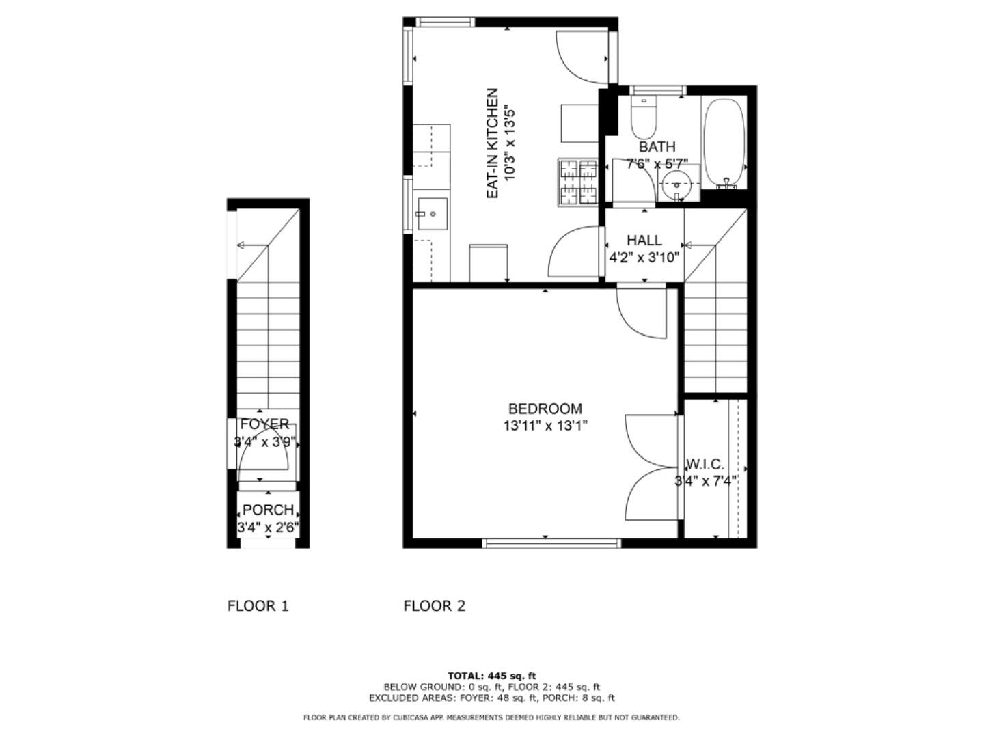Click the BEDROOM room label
(x=545, y=409)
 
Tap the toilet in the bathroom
(x=644, y=118)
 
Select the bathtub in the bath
(x=723, y=142)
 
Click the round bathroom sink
(x=676, y=184)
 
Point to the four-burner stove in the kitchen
(x=578, y=182)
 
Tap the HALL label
(x=644, y=240)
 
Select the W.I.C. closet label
(x=705, y=465)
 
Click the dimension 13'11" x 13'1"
(x=545, y=426)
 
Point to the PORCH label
(x=268, y=510)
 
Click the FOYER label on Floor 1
(x=264, y=424)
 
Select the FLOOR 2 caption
(x=434, y=605)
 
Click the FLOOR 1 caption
(x=258, y=605)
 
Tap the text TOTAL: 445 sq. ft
(x=491, y=676)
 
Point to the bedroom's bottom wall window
(x=551, y=543)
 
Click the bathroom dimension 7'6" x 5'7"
(x=657, y=163)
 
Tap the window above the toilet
(x=657, y=90)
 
